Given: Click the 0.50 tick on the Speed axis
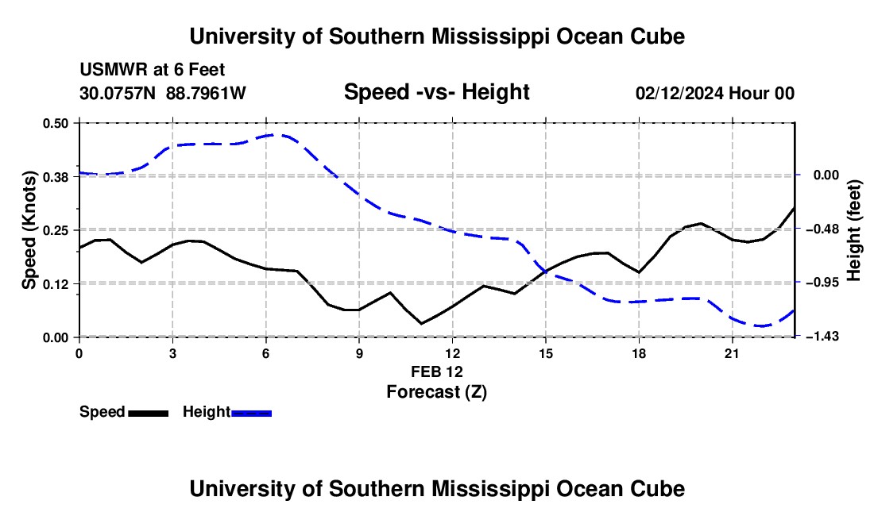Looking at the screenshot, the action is (55, 123).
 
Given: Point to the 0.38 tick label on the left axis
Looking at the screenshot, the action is (55, 177).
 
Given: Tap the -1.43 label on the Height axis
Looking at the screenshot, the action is (826, 337).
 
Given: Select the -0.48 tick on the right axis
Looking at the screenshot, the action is (826, 229).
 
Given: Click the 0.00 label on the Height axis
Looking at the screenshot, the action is (826, 175).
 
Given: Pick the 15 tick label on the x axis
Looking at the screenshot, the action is (546, 353).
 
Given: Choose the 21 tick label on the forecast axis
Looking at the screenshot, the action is (732, 353).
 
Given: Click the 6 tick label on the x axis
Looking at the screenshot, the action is (266, 353).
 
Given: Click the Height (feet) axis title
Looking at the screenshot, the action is (854, 230).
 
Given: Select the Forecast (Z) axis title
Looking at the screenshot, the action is (437, 392).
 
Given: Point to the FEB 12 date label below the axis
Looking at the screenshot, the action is (437, 372).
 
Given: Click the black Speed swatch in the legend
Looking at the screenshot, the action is (149, 414).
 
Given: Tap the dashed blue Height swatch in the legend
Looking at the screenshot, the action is (251, 414).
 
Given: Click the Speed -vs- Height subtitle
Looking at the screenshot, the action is (437, 92).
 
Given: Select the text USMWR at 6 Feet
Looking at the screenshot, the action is (153, 70).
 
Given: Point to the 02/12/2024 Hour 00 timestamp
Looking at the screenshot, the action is (715, 94).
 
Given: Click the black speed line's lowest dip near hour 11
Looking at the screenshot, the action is (421, 323).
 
